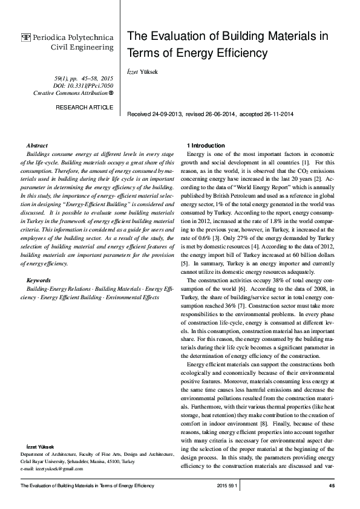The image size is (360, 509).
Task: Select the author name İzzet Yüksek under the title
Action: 143,71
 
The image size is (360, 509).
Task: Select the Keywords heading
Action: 39,280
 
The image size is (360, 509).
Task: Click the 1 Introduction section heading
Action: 206,146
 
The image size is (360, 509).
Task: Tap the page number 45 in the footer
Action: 332,486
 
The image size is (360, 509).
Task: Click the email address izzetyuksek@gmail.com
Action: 60,469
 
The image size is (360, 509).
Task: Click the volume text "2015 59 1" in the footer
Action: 229,486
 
